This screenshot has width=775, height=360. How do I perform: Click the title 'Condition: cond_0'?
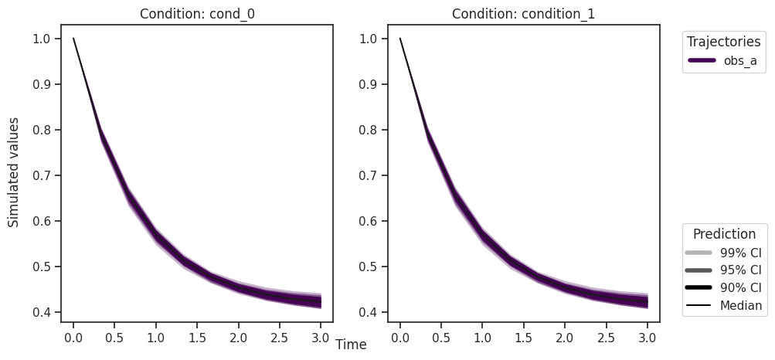point(197,13)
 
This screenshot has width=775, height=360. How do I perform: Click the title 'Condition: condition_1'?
point(523,13)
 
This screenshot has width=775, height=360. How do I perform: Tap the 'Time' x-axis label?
point(351,345)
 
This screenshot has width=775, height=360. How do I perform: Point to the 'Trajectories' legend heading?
point(724,42)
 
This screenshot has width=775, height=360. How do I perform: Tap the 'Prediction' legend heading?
point(724,234)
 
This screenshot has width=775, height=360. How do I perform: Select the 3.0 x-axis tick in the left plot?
point(321,338)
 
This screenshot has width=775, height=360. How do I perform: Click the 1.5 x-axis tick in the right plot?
point(524,338)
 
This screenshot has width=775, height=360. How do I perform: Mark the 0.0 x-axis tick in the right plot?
point(400,338)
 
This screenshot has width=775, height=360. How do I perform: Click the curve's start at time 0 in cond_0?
point(73,39)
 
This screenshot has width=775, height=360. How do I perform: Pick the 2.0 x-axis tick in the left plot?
point(238,338)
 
